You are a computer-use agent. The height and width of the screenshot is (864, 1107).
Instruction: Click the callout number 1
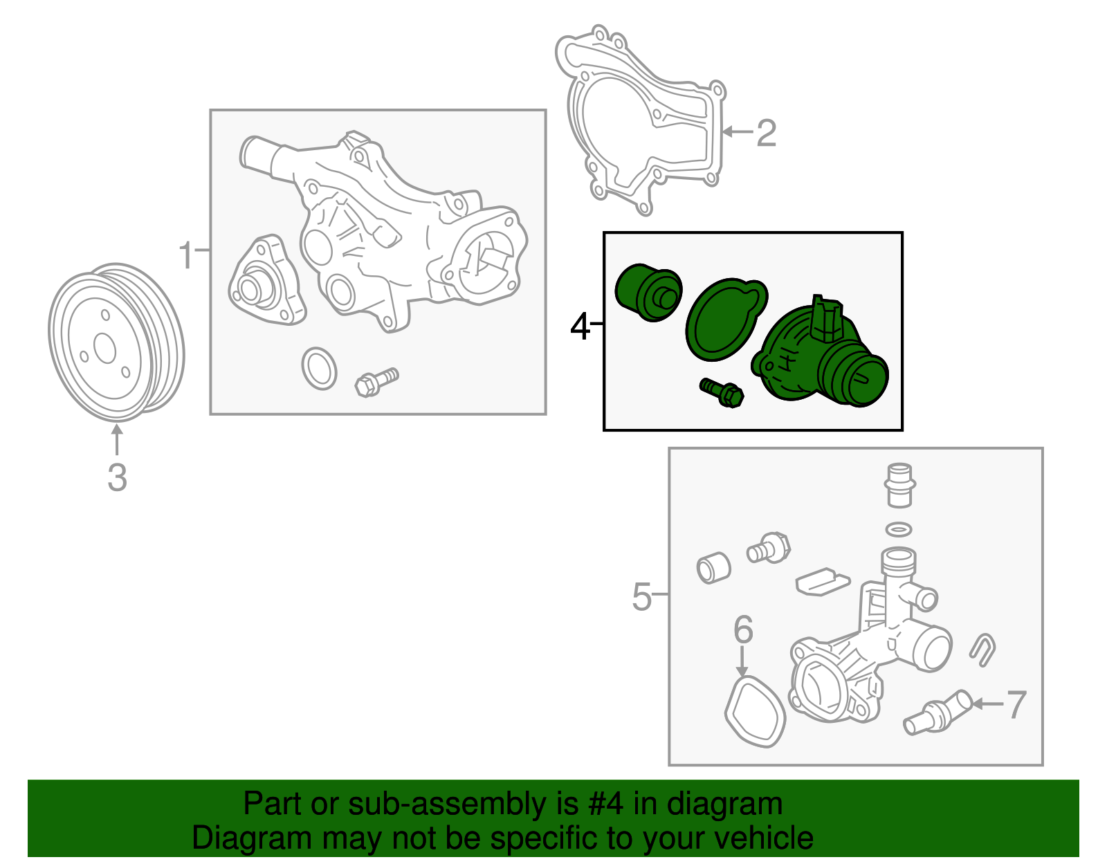pos(186,255)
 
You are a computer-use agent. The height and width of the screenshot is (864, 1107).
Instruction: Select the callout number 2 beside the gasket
pos(767,133)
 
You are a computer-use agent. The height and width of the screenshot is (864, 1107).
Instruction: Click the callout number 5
pos(642,596)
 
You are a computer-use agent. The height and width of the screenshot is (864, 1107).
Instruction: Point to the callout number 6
pos(743,629)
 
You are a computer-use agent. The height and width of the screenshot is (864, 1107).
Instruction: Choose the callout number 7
pos(1017,705)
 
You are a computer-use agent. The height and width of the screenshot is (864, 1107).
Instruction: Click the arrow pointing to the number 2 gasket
pos(738,132)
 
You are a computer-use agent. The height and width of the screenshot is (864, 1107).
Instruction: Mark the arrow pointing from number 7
pos(987,704)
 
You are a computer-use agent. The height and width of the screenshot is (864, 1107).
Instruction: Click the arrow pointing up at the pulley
pos(117,439)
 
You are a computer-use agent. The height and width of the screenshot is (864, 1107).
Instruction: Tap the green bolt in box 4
pos(722,392)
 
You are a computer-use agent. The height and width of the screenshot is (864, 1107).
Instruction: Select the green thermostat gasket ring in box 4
pos(726,320)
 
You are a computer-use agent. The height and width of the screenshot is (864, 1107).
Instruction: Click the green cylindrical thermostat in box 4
pos(648,293)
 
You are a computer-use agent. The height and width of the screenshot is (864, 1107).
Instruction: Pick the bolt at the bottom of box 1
pos(376,383)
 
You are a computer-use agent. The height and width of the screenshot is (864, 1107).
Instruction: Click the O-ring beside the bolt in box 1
pos(319,369)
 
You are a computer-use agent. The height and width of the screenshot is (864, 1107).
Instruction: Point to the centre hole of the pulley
pos(105,348)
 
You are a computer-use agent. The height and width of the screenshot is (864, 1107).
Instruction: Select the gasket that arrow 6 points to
pos(755,712)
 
